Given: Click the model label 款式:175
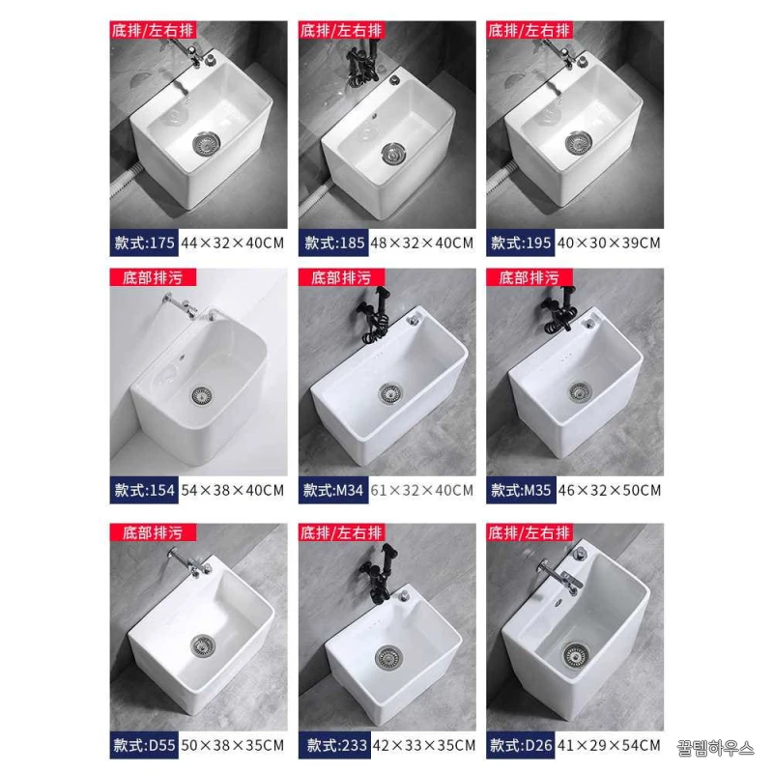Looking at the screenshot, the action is click(144, 243).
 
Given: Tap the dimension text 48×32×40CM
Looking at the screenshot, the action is click(421, 243).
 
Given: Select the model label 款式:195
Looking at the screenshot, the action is click(521, 243).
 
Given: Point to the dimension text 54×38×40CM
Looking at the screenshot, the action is click(233, 490).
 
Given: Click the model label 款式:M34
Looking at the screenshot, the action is click(333, 490).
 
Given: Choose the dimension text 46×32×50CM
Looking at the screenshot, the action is click(610, 490).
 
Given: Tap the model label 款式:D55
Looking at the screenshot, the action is click(144, 745).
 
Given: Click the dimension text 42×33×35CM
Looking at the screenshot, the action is click(424, 745).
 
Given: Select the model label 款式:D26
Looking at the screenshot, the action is click(521, 745).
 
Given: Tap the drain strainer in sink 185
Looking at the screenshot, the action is click(392, 153).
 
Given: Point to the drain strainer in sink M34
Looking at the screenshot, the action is click(390, 393).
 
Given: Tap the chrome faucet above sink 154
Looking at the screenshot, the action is click(180, 305).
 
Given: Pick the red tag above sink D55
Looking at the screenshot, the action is click(153, 532).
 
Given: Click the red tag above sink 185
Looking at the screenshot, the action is click(341, 30).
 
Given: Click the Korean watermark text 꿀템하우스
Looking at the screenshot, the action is click(715, 748).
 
